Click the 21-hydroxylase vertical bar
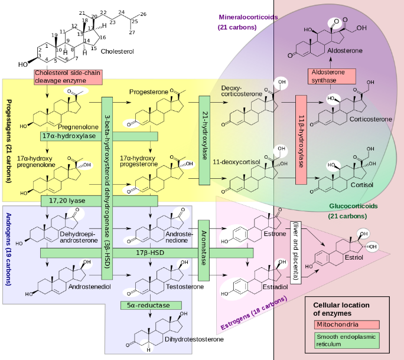coord(205,138)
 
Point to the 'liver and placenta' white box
coord(295,251)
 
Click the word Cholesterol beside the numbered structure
coord(118,52)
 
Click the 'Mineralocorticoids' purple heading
coord(247,18)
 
